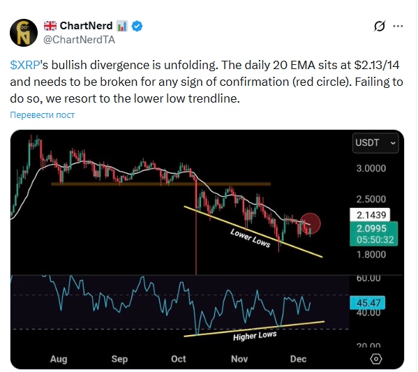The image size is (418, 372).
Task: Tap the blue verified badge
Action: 138,26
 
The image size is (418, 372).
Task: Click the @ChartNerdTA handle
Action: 79,40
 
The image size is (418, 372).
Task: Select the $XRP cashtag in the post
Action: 24,64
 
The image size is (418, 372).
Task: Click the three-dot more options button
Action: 398,27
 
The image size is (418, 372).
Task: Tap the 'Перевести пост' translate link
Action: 43,114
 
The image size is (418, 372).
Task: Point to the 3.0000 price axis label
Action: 371,168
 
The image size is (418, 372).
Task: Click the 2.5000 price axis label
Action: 371,199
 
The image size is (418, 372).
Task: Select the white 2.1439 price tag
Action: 370,215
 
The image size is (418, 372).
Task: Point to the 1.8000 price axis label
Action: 371,255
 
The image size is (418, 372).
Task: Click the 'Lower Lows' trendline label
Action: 250,237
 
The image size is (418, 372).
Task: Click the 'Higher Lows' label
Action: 255,335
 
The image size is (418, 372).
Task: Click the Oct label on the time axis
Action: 179,359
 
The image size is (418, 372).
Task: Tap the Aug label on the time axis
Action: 59,359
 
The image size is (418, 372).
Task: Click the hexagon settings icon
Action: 376,358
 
